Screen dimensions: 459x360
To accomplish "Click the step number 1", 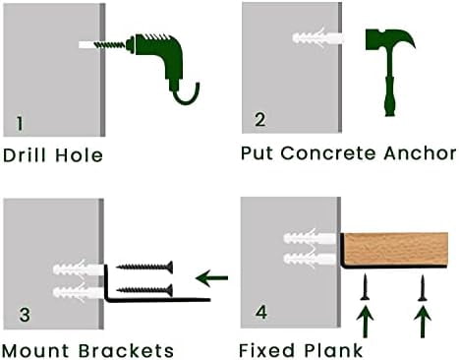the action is click(20, 123).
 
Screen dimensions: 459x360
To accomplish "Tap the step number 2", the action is click(259, 119).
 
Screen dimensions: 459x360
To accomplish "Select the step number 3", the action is click(25, 315).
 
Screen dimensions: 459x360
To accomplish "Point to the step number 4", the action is click(261, 312).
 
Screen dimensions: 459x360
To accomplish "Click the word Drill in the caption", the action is click(26, 154).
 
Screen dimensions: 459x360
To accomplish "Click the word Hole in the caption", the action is click(79, 154).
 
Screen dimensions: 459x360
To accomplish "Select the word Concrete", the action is click(328, 153).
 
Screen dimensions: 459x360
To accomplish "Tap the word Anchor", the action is click(420, 153).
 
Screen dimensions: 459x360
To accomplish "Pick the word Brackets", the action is click(126, 350).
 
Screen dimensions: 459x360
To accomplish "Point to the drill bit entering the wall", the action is click(110, 45).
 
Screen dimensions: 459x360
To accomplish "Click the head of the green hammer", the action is click(390, 38).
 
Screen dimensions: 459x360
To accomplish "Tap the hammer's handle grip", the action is click(389, 96).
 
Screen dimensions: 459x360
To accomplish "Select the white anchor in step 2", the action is click(317, 37).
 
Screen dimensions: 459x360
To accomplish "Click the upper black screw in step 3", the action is click(144, 267).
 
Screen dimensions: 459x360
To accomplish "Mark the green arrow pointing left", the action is click(211, 278).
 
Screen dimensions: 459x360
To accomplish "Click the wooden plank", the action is click(396, 249).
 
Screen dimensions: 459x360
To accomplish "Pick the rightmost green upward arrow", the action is click(423, 322).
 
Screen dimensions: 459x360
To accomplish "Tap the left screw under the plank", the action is click(365, 287).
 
